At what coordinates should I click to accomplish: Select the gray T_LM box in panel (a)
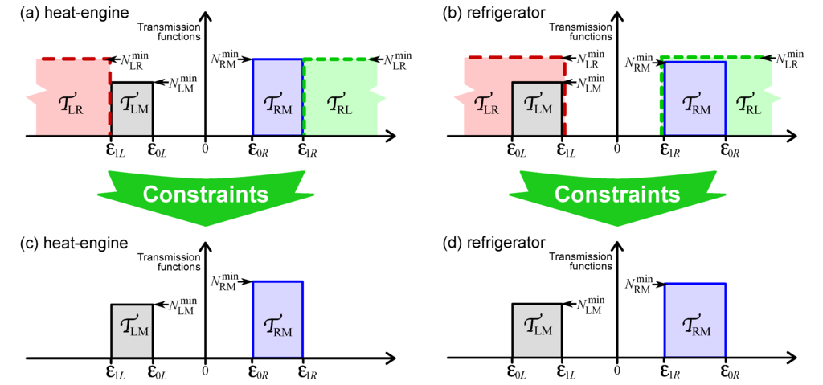click(x=131, y=109)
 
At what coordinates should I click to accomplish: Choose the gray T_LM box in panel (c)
click(x=131, y=330)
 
